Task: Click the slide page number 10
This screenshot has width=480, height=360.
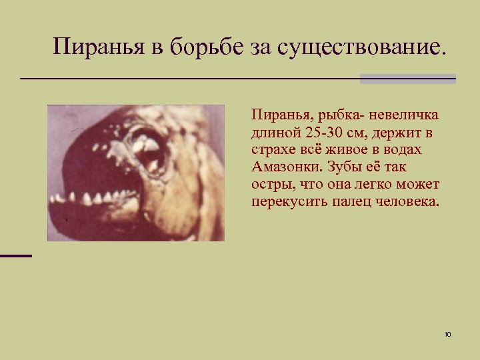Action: point(447,333)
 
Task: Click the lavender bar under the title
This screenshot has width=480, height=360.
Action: point(407,79)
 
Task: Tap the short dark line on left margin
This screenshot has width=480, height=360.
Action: point(15,255)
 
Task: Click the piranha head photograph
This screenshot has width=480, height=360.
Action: point(135,173)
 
